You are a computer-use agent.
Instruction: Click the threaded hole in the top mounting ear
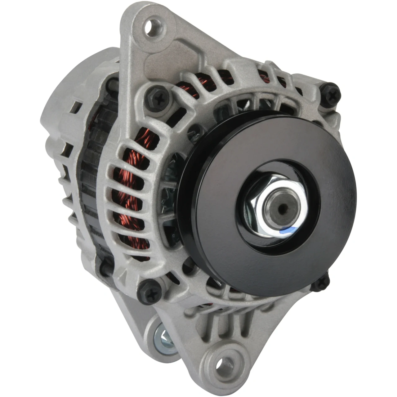[154, 25]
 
